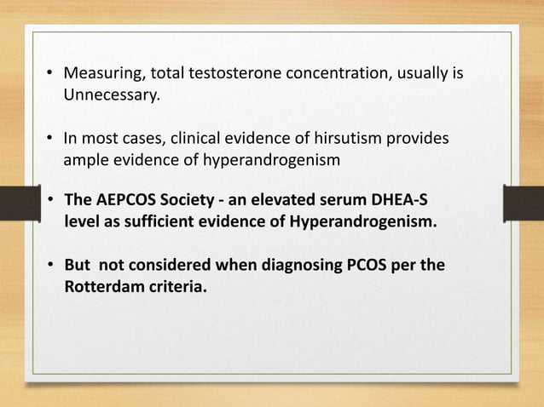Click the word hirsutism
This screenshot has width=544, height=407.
pyautogui.click(x=356, y=138)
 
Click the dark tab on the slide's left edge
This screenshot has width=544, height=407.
pyautogui.click(x=15, y=205)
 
